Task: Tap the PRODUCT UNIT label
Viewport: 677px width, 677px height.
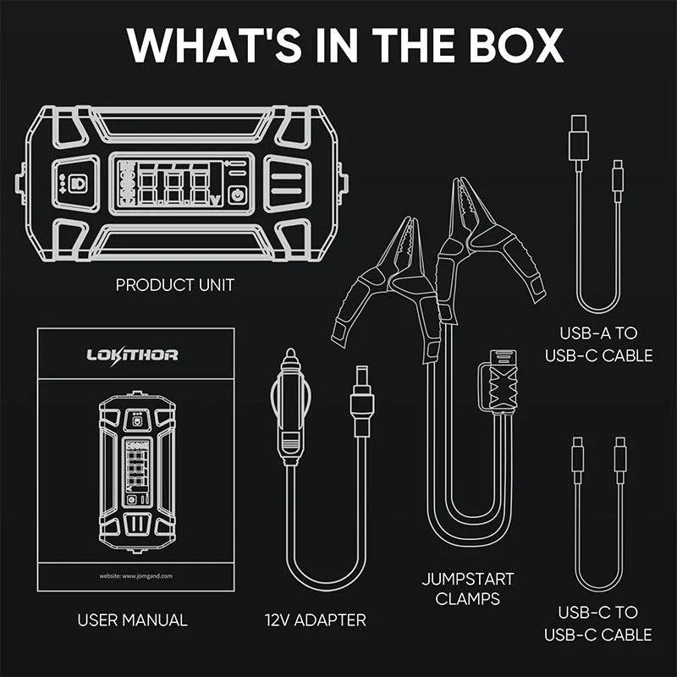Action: tap(175, 285)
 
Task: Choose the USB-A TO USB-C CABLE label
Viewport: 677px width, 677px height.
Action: tap(606, 343)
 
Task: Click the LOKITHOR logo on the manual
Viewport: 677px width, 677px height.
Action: tap(133, 355)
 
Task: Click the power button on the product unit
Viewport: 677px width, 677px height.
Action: tap(237, 193)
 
